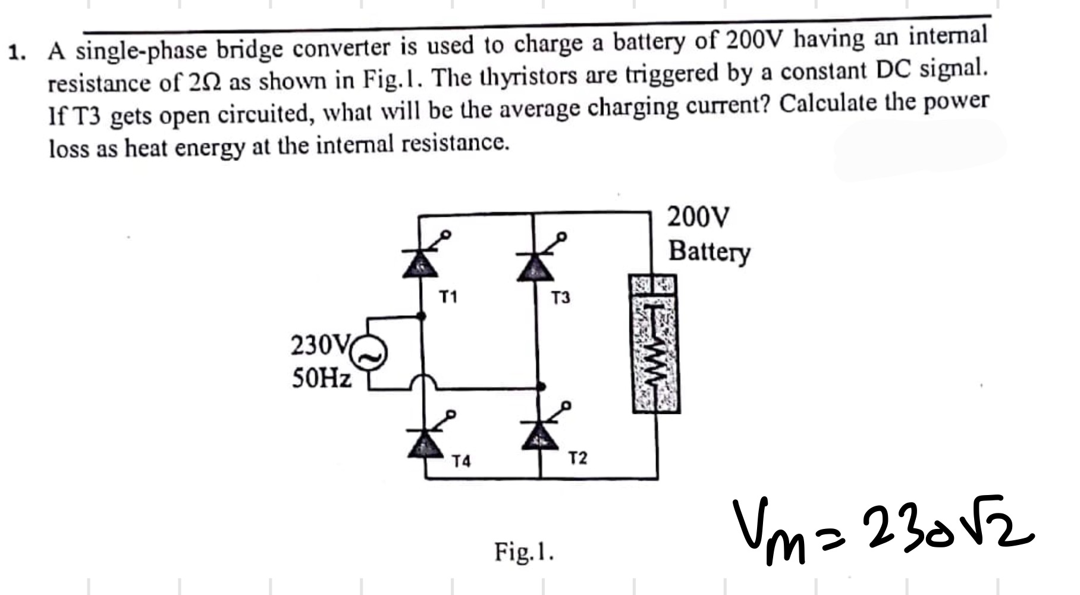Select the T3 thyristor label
tap(560, 297)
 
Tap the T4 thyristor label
tap(461, 461)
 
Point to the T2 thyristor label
tap(577, 458)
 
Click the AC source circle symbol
tap(370, 356)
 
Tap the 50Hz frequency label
tap(322, 377)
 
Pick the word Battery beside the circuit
tap(709, 251)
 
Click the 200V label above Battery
tap(698, 217)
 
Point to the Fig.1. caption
tap(524, 552)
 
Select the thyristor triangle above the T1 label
tap(420, 264)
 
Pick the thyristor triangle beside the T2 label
tap(540, 437)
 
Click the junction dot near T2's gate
tap(541, 387)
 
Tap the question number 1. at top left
tap(18, 54)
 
